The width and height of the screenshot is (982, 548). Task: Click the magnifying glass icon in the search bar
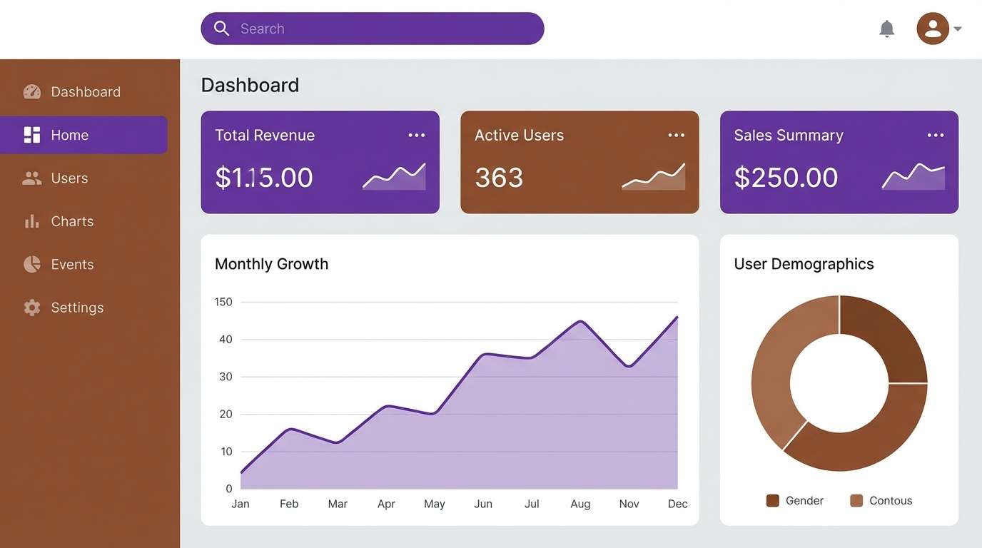pos(222,29)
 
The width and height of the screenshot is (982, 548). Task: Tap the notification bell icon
pos(886,29)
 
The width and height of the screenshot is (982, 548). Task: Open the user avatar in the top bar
pos(932,29)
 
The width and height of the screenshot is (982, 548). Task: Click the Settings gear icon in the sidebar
pos(32,308)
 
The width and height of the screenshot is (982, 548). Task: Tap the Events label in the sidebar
pos(72,265)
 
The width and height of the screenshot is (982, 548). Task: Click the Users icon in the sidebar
pos(32,178)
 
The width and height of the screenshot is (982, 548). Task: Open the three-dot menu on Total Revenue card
pos(416,136)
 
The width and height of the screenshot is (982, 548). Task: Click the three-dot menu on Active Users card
pos(676,136)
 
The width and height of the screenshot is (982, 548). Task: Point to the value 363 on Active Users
pos(499,178)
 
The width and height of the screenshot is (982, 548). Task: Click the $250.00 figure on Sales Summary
pos(786,178)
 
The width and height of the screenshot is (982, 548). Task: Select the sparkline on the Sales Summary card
pos(913,177)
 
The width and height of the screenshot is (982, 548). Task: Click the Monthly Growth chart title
pos(271,264)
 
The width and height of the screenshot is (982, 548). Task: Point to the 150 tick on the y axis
pos(223,302)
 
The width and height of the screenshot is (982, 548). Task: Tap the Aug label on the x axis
pos(580,504)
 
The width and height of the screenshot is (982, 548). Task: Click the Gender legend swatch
pos(772,500)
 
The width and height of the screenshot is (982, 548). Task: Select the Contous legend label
pos(891,501)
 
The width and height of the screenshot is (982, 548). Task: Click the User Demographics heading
pos(804,264)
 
